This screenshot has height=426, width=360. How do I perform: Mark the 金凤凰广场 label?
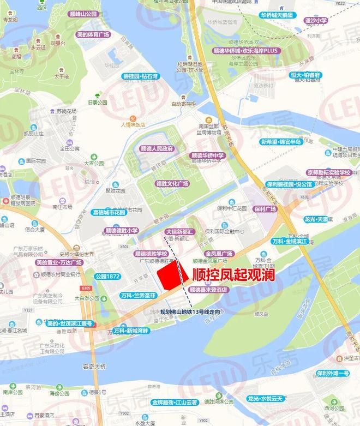point(219,254)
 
